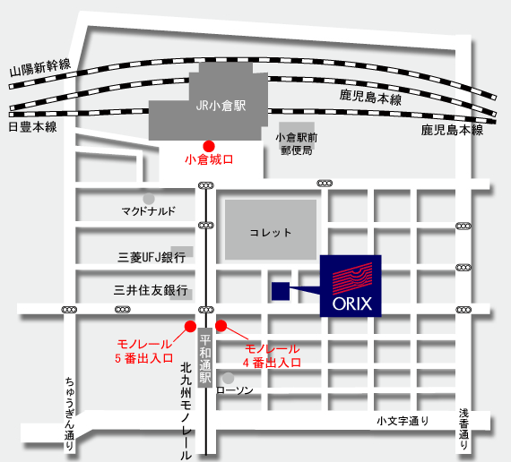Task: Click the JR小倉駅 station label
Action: click(x=221, y=106)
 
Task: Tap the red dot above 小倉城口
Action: click(x=209, y=146)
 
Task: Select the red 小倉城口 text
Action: click(x=209, y=160)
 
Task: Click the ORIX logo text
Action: click(x=352, y=304)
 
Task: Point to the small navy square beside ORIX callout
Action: click(x=281, y=291)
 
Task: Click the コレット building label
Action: click(x=270, y=233)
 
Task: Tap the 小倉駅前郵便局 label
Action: click(x=297, y=143)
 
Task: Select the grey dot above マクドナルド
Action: click(x=149, y=199)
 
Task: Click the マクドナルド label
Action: click(x=148, y=211)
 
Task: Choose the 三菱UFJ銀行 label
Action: click(x=152, y=258)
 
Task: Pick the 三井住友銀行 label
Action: click(x=151, y=290)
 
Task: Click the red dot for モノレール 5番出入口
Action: click(x=190, y=326)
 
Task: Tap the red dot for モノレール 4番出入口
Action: click(x=221, y=326)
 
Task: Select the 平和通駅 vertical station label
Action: click(x=205, y=358)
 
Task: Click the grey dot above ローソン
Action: click(x=228, y=378)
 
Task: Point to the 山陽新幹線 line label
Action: click(x=40, y=68)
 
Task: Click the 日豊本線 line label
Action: click(x=32, y=127)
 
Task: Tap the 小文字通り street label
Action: click(x=403, y=421)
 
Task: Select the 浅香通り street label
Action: click(x=463, y=430)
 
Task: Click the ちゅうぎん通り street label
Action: click(x=69, y=414)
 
